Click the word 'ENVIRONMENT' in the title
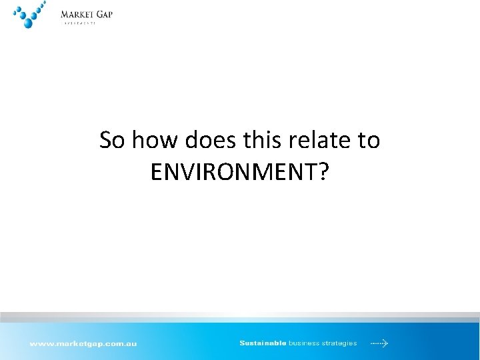[233, 172]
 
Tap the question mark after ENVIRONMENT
[323, 172]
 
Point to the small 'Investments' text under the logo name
[78, 23]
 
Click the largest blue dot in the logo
[28, 23]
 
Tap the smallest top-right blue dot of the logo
[45, 3]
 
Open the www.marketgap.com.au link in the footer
[83, 344]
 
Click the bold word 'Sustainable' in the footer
[263, 343]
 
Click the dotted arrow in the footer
[379, 343]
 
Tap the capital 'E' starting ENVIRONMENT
[156, 172]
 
